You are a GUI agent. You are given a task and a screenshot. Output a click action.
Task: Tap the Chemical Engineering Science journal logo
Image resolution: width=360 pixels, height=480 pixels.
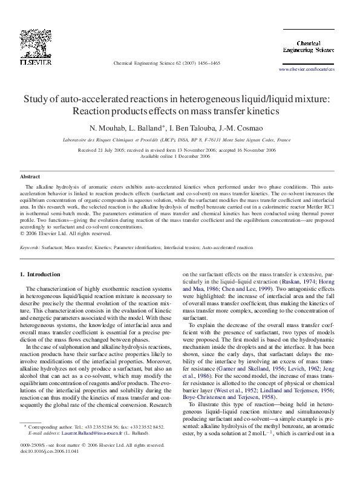308,46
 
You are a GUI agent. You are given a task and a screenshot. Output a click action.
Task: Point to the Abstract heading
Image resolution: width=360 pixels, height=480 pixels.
30,177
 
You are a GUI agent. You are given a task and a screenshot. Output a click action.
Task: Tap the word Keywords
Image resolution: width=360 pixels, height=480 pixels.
30,247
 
